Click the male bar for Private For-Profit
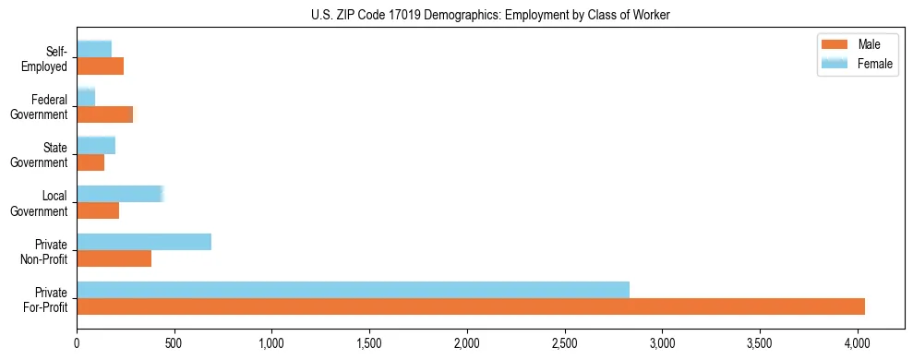(471, 306)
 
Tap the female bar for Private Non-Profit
(144, 242)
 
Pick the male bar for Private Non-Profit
(114, 258)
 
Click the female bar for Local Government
(120, 194)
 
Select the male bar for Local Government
(98, 210)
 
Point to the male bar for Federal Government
(104, 114)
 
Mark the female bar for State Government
(96, 146)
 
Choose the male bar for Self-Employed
(100, 66)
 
